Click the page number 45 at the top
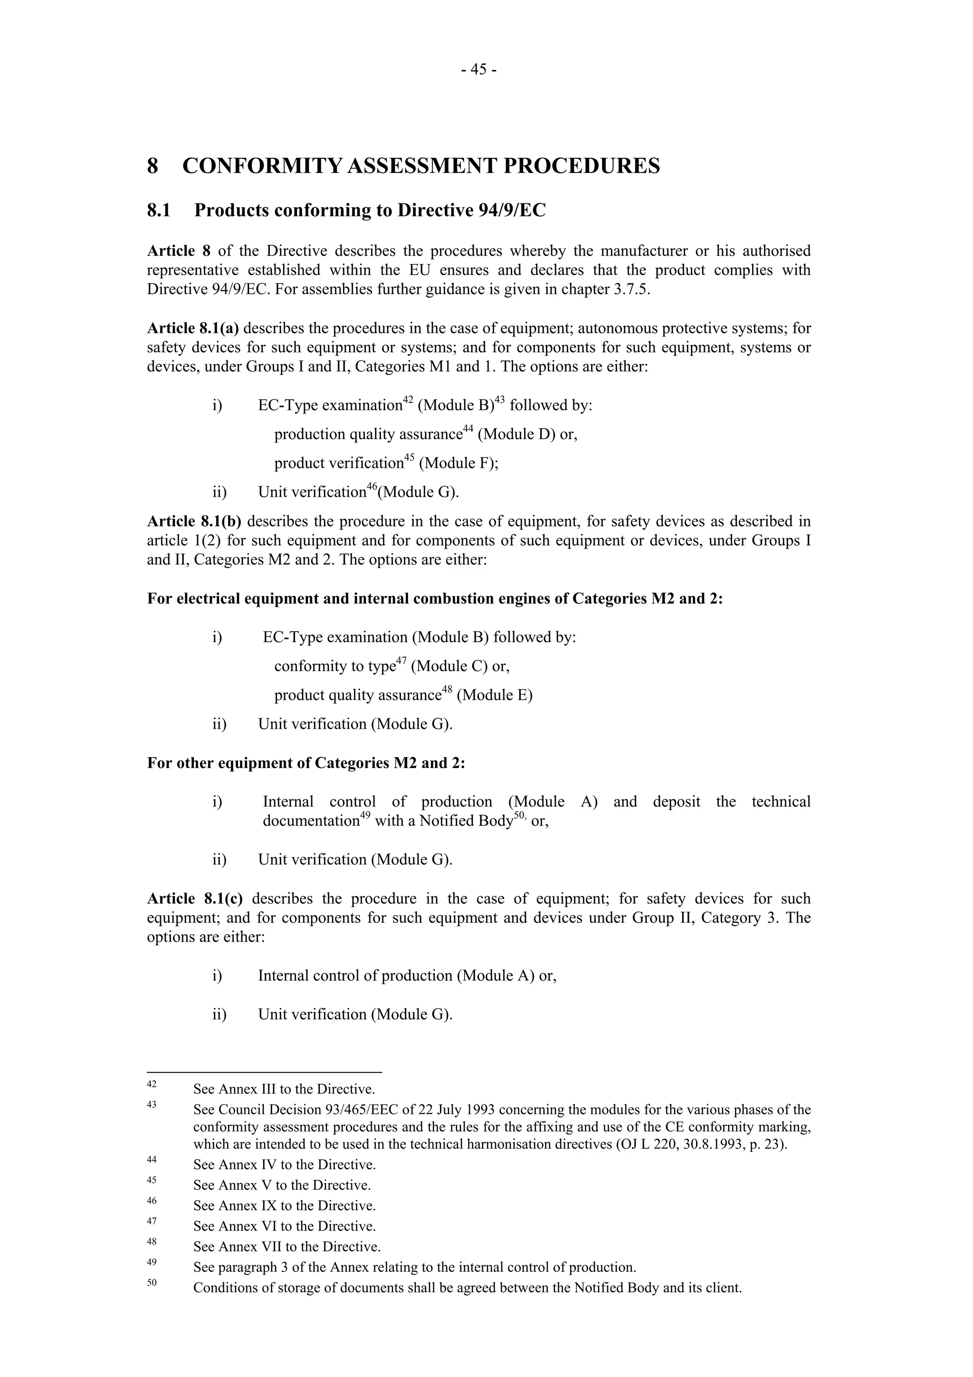[x=478, y=70]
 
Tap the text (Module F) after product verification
[x=458, y=463]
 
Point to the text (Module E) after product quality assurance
[x=495, y=695]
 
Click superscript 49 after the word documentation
[x=364, y=817]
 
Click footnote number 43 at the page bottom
[x=152, y=1104]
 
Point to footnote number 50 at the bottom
[x=152, y=1282]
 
